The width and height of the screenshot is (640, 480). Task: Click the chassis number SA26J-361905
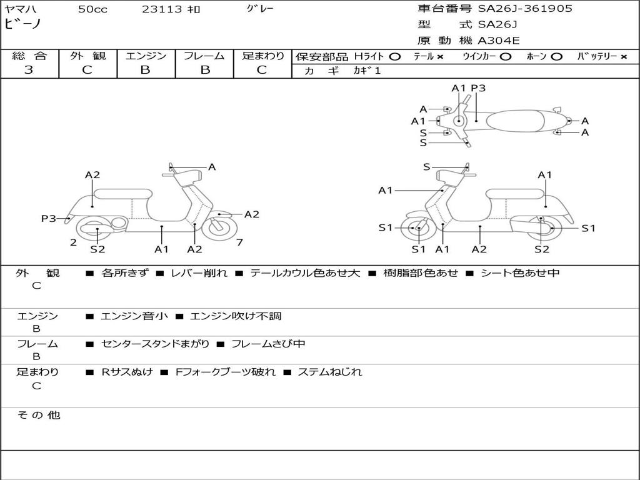(525, 9)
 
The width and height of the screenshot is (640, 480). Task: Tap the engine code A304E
(498, 41)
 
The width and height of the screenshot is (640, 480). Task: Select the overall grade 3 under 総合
(29, 70)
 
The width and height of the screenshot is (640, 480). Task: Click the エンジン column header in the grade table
(146, 56)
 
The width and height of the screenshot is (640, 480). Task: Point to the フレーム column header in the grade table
(204, 56)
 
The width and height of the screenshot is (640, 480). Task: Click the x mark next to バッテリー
(624, 57)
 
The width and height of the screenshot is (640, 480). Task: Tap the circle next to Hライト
(395, 57)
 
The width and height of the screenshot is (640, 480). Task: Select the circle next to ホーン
(557, 57)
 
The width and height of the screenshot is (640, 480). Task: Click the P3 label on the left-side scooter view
(49, 218)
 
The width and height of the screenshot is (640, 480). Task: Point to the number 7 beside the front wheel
(239, 242)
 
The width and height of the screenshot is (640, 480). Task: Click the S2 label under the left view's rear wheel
(97, 249)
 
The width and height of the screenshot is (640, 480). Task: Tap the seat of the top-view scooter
(515, 121)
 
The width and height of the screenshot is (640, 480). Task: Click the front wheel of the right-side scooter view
(418, 227)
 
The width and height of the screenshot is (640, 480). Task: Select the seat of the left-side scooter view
(123, 194)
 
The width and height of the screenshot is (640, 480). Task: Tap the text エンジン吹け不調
(236, 316)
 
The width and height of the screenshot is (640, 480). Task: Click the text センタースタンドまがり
(155, 344)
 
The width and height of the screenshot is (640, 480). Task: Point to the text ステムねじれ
(330, 372)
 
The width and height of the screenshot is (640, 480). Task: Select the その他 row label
(39, 415)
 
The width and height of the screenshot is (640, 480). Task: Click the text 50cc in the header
(92, 9)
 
